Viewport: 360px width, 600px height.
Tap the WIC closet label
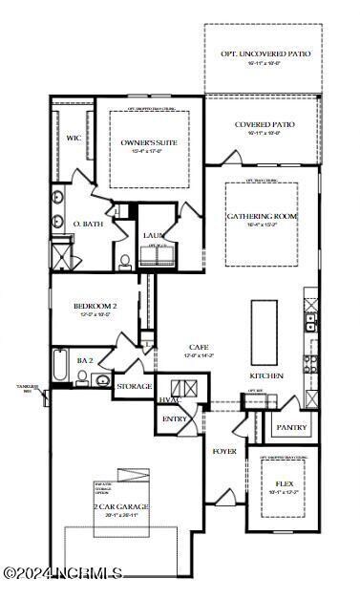pos(73,138)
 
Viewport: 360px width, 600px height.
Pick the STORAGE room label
pos(134,386)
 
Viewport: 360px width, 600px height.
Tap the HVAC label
pos(169,400)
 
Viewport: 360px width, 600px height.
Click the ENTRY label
pos(175,419)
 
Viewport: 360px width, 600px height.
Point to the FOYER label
pos(224,450)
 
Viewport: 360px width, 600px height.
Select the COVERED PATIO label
pos(265,124)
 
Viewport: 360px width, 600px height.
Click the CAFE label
pos(199,347)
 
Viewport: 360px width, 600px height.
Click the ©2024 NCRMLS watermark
pos(62,573)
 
